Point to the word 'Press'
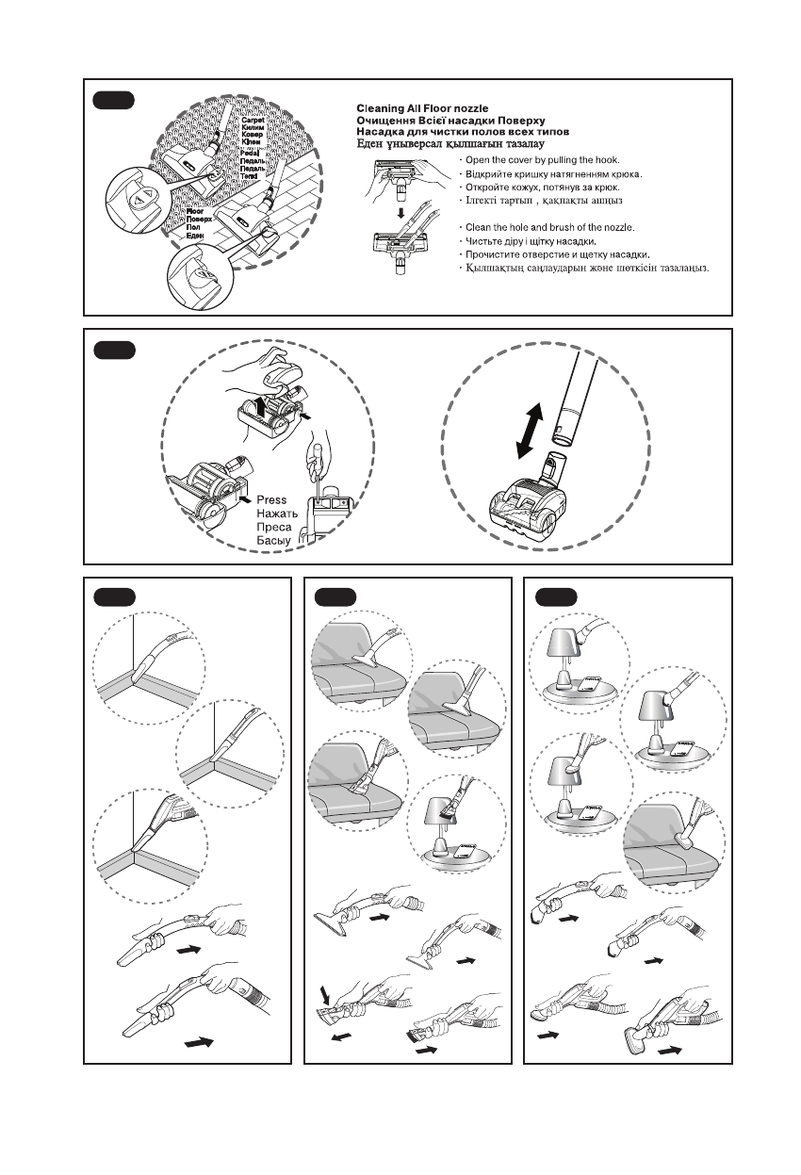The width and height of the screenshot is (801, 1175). [x=271, y=500]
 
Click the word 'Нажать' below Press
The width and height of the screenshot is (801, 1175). [x=278, y=514]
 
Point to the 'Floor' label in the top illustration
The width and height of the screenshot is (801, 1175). [x=196, y=212]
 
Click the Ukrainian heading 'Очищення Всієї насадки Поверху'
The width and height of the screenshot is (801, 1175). [x=450, y=122]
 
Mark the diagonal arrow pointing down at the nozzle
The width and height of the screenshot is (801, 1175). [x=325, y=992]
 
